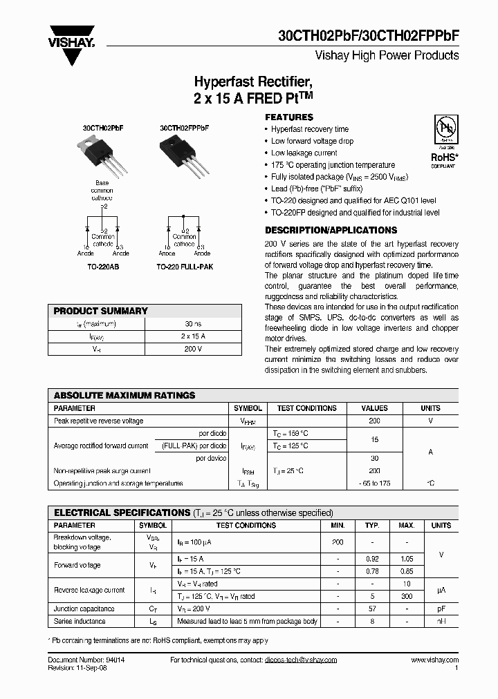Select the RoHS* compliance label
click(443, 157)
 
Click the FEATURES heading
click(289, 117)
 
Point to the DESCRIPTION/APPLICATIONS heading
click(331, 230)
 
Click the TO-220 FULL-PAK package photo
click(181, 153)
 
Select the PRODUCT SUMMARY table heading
click(101, 311)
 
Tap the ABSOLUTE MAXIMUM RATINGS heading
click(124, 396)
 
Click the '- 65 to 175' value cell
click(374, 483)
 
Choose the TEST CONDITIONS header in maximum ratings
click(306, 408)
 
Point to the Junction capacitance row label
click(84, 609)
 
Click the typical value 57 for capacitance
click(372, 609)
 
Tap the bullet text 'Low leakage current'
click(304, 153)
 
